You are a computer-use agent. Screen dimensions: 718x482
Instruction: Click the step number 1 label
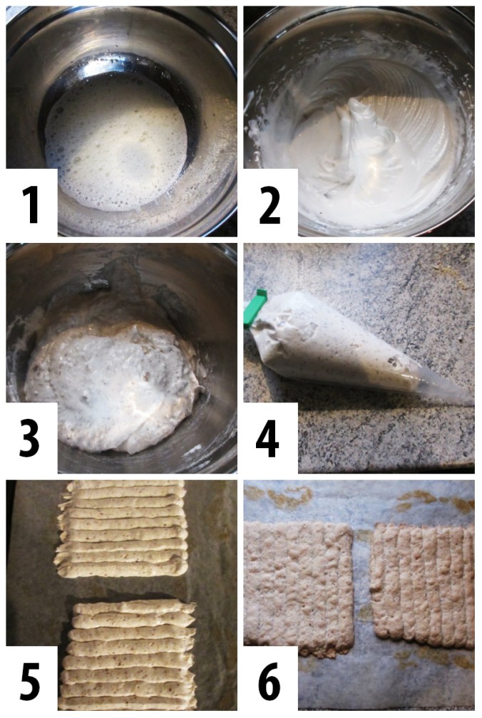tap(29, 203)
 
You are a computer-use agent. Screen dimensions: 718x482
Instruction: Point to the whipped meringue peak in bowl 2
tap(360, 125)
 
